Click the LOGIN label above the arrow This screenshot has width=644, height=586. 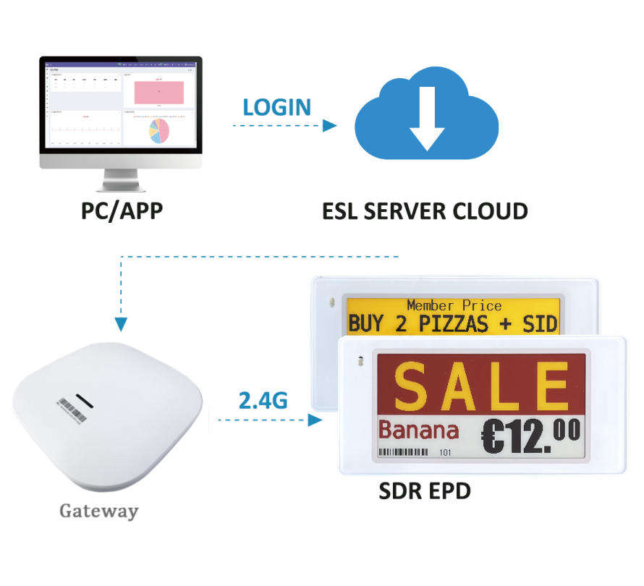coord(276,107)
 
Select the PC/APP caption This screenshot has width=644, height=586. coord(121,212)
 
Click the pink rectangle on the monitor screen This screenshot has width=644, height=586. coord(158,91)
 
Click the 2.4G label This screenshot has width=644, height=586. coord(263,400)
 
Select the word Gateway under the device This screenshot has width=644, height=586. coord(98,511)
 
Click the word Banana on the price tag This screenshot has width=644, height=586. coord(419,431)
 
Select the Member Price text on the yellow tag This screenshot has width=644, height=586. coord(454,306)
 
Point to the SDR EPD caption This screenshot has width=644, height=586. coord(425,491)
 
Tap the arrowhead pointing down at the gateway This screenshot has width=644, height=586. coord(121,323)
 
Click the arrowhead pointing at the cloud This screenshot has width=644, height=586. coord(329,125)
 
